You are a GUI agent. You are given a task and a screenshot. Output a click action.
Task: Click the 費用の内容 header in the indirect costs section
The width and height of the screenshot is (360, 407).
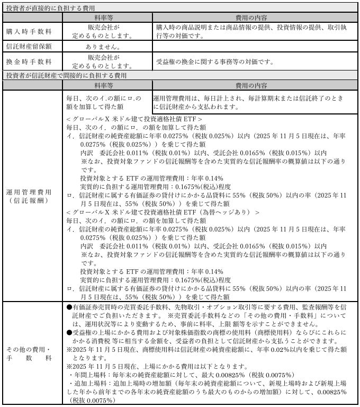click(255, 85)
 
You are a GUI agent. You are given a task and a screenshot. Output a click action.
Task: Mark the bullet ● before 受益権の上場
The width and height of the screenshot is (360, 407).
click(69, 332)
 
